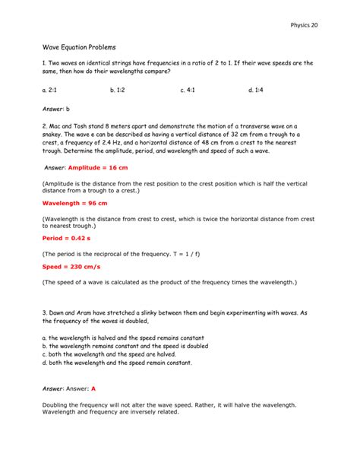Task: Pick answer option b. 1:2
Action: [118, 90]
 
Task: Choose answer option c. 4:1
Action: [188, 90]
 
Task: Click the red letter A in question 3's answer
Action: [93, 388]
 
